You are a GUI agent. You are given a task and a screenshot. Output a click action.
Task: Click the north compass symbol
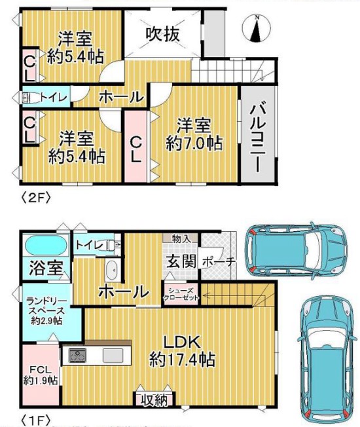pos(257,28)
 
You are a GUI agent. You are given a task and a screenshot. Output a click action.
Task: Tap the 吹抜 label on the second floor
pos(163,34)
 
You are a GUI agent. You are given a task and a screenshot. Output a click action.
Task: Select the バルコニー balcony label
pos(257,136)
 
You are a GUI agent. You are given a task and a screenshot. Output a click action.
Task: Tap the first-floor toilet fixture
pos(114,245)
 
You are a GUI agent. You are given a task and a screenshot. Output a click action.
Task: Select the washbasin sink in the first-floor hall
pos(111,270)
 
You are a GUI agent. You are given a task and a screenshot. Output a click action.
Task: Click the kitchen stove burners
pos(77,355)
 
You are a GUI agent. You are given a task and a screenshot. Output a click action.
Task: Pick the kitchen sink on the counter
pos(113,356)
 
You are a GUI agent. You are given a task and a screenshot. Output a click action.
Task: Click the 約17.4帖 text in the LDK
pos(183,360)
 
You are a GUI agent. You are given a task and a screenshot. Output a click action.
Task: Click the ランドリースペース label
pos(47,306)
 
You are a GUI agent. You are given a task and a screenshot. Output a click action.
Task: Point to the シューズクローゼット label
pos(181,294)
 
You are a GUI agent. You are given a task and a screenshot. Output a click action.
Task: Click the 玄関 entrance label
pos(181,262)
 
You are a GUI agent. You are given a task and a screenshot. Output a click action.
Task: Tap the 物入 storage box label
pos(181,238)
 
